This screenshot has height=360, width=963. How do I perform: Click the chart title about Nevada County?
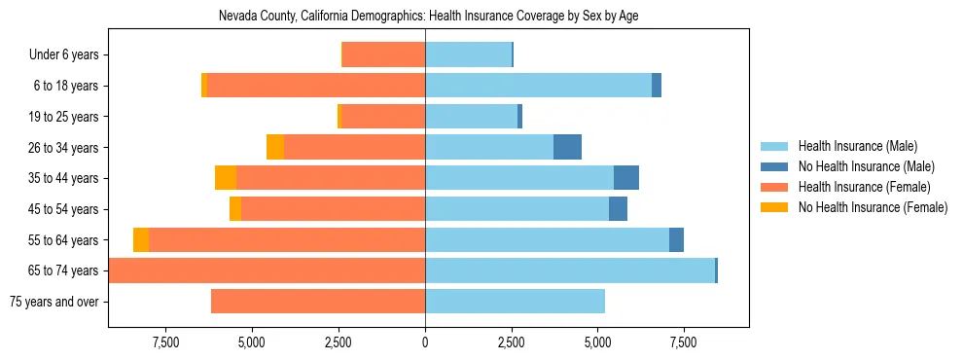click(x=429, y=17)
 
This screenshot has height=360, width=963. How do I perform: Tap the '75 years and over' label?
click(x=54, y=302)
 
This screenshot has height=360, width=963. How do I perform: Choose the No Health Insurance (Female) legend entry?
click(x=872, y=207)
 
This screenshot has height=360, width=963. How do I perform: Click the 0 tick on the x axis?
click(x=425, y=342)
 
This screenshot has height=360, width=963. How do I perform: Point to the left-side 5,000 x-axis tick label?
click(x=252, y=342)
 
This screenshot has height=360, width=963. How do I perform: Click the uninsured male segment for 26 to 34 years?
click(x=567, y=147)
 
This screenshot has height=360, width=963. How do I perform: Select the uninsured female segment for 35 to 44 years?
click(x=226, y=178)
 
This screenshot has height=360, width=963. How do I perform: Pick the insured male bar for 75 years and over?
click(x=515, y=302)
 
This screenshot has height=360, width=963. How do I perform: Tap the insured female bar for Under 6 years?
click(x=384, y=55)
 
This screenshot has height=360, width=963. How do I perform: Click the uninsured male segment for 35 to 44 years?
click(x=626, y=178)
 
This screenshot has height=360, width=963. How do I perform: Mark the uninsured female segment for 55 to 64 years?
click(x=141, y=239)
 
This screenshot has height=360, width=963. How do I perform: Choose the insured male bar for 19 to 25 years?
click(x=471, y=117)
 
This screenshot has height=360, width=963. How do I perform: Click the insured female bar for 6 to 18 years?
click(x=316, y=86)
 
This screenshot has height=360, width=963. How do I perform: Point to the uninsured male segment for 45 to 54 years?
click(x=618, y=209)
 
